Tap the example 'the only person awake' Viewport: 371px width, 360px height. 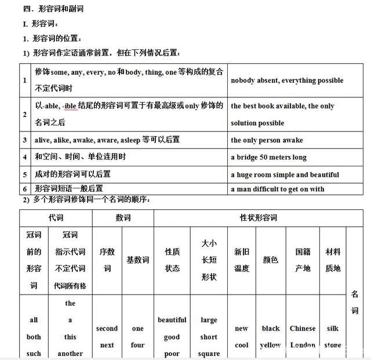tap(267, 140)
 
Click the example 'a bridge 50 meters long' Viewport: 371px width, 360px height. tap(268, 157)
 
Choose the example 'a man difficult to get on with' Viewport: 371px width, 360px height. tap(277, 189)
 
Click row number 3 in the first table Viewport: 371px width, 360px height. tap(25, 140)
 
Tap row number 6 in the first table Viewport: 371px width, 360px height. tap(25, 189)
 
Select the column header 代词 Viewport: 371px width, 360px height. tap(56, 218)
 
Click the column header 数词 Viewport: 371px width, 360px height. tap(123, 218)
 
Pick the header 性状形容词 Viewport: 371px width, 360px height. tap(259, 218)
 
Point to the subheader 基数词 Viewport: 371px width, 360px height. tap(137, 260)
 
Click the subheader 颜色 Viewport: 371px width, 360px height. tap(271, 260)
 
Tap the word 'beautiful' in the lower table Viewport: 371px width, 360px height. tap(172, 320)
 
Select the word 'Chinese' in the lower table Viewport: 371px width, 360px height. tap(303, 328)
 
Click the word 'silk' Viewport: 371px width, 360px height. tap(333, 328)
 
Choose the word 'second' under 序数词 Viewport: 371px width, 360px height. tap(107, 328)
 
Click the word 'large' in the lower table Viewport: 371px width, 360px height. tap(209, 320)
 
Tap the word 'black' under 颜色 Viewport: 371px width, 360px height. tap(271, 328)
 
